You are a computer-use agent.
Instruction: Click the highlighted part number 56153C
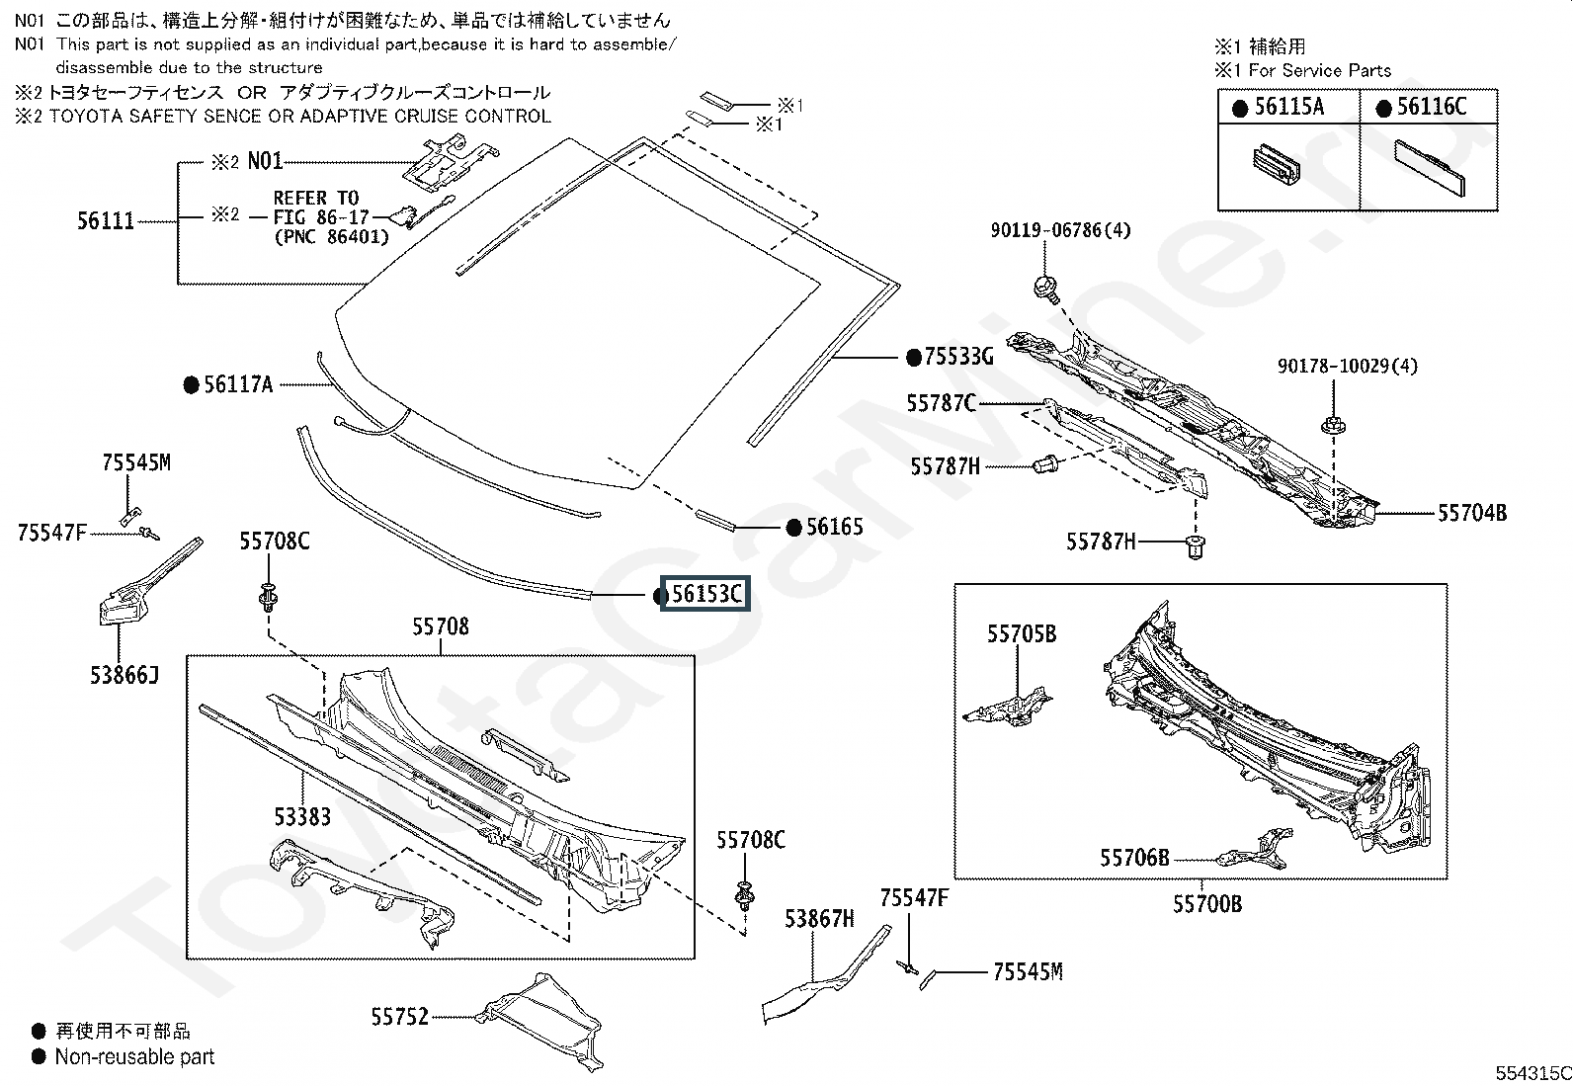click(x=705, y=594)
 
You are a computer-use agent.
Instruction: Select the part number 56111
click(x=106, y=221)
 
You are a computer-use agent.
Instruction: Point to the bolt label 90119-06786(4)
click(x=1060, y=230)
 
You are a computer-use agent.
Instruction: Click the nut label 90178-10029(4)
click(x=1348, y=366)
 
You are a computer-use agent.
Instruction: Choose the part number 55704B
click(x=1472, y=513)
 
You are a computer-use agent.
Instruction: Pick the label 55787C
click(x=941, y=403)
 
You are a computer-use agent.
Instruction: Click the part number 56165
click(x=834, y=527)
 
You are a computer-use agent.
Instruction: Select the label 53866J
click(x=124, y=675)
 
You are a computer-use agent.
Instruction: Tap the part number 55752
click(x=399, y=1017)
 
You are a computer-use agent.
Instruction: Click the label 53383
click(x=302, y=816)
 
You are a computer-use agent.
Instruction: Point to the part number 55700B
click(x=1207, y=903)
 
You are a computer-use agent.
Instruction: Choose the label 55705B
click(x=1022, y=633)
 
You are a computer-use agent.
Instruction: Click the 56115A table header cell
click(x=1289, y=107)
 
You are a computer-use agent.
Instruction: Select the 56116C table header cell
click(x=1429, y=107)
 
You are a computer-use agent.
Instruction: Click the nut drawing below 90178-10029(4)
click(x=1333, y=425)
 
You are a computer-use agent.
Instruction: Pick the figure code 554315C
click(x=1533, y=1073)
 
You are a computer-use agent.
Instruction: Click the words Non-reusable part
click(x=134, y=1056)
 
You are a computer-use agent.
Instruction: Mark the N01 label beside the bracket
click(x=265, y=161)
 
